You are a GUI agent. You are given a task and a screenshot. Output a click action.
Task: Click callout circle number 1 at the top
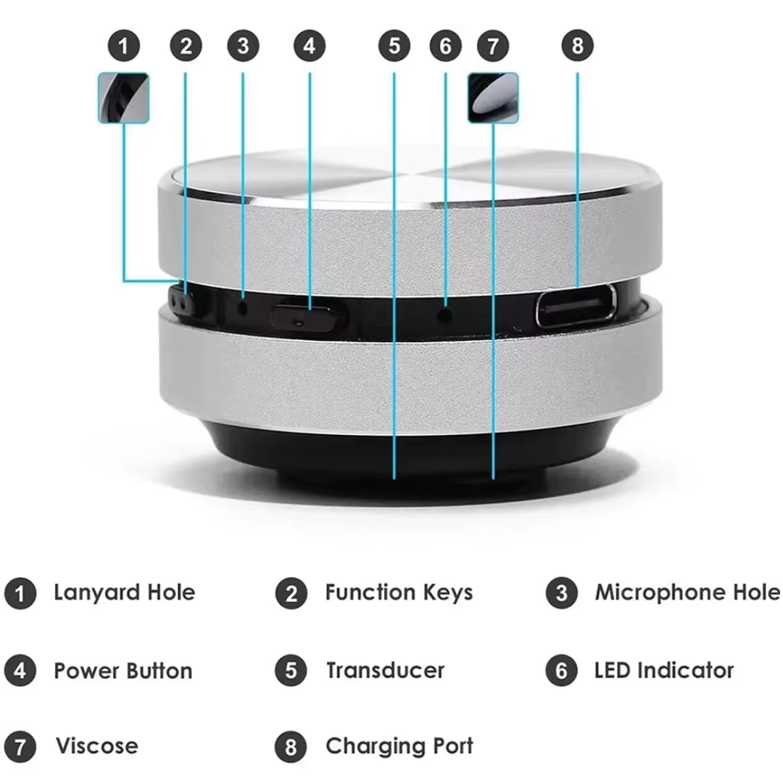coord(124,46)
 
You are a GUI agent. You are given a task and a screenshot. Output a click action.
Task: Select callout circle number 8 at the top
coord(577,46)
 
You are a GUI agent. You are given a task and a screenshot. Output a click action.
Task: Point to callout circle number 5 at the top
coord(394,46)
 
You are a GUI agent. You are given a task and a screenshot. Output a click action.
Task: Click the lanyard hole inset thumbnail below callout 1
coord(123,97)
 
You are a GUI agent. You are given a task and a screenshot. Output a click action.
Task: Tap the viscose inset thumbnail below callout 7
coord(493,97)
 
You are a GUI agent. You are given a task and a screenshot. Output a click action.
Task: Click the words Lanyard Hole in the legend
coord(124,592)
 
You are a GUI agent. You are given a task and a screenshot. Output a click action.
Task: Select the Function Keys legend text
coord(399,592)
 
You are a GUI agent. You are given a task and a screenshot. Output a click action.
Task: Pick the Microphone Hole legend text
coord(687,592)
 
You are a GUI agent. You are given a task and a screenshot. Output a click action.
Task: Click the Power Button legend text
coord(123,671)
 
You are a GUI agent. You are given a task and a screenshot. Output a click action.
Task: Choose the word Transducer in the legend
coord(385,671)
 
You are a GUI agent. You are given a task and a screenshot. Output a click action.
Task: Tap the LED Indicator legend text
coord(664,671)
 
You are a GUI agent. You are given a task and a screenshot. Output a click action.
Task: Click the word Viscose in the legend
coord(96,746)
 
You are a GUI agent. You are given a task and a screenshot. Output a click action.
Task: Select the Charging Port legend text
coord(399,746)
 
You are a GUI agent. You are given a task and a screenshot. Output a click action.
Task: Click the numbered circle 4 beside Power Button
coord(20,671)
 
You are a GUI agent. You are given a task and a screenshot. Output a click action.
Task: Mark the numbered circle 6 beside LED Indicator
coord(561,671)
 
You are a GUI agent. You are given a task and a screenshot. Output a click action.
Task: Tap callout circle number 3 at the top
coord(242,46)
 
